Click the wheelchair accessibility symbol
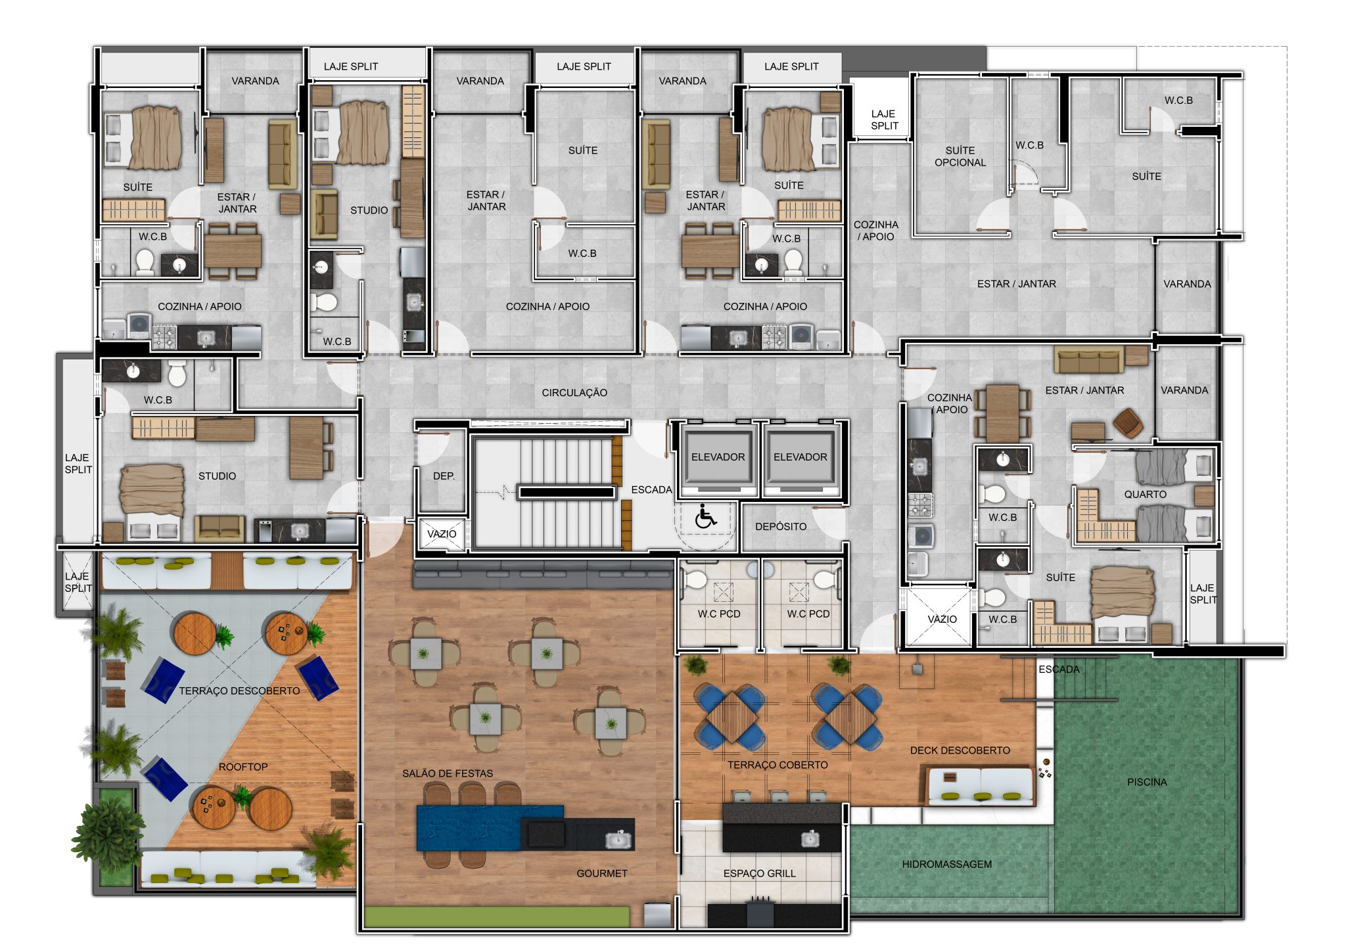click(706, 516)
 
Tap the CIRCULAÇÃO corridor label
click(574, 393)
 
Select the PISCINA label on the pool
click(1147, 782)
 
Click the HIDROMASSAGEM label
click(947, 865)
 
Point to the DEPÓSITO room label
click(781, 526)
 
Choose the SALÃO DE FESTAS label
click(448, 773)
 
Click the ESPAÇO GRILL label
click(759, 873)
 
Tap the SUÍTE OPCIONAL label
click(960, 156)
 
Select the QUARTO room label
click(1145, 494)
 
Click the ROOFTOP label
click(243, 767)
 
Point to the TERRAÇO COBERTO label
click(777, 765)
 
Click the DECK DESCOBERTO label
click(960, 750)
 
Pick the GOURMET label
click(602, 873)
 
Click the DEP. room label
click(444, 476)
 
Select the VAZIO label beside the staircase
click(442, 533)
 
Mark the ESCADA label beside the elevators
click(651, 489)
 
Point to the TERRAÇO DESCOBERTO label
click(239, 691)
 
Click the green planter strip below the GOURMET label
click(497, 917)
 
